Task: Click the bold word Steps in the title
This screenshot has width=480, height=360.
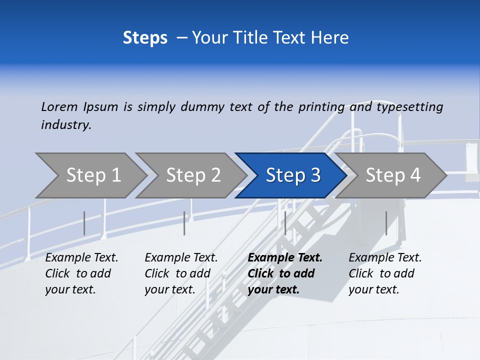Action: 145,38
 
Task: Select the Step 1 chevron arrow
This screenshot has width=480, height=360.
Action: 90,175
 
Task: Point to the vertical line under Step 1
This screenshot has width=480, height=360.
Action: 84,223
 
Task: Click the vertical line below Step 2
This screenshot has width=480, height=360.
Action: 184,223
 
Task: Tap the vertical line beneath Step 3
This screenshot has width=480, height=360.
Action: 285,223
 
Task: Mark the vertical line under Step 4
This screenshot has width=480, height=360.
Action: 386,223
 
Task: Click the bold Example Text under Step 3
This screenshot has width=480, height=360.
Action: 285,258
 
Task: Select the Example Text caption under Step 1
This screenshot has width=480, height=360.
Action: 81,258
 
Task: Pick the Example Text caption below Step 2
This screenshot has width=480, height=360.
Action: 181,258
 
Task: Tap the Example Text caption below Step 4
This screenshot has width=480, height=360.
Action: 385,258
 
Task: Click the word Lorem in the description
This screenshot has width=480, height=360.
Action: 59,107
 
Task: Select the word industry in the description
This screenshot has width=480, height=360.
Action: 66,125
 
